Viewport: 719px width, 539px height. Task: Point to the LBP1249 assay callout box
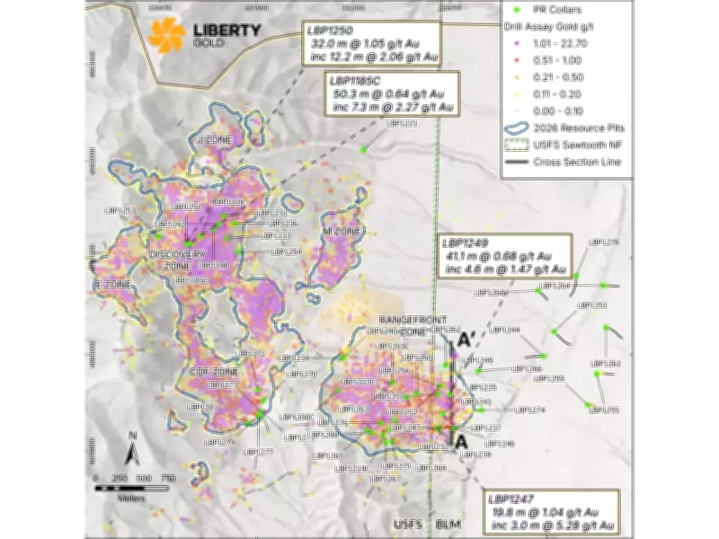tap(503, 256)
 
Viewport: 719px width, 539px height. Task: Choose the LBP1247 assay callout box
tap(551, 509)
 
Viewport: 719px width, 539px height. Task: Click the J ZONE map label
tap(214, 140)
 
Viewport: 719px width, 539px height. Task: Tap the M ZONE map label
tap(341, 231)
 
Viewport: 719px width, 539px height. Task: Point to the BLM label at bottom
tap(447, 523)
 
